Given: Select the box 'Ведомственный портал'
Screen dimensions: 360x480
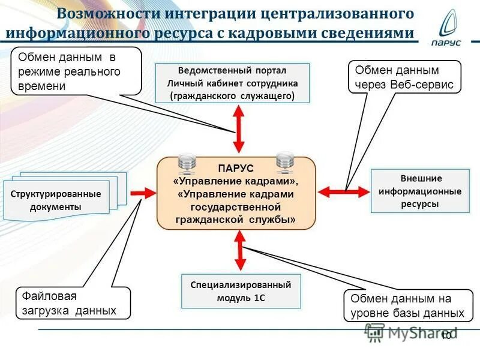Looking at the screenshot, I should (x=232, y=83).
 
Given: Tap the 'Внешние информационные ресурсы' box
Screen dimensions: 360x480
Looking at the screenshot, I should (x=420, y=191).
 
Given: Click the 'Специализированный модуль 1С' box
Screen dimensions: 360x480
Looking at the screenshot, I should (x=241, y=291).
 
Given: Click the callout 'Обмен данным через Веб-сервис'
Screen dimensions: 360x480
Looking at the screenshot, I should (x=404, y=77).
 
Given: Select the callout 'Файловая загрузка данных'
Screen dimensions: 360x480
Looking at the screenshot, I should (x=73, y=303).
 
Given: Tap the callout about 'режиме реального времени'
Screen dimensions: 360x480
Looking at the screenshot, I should (x=76, y=71).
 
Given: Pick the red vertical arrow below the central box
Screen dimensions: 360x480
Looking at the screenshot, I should (x=241, y=251).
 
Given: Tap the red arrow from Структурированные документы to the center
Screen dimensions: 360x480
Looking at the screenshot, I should (x=142, y=193).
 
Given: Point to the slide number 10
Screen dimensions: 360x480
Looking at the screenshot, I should (x=446, y=335).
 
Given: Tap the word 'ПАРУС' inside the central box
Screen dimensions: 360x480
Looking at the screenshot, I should (x=236, y=169).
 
